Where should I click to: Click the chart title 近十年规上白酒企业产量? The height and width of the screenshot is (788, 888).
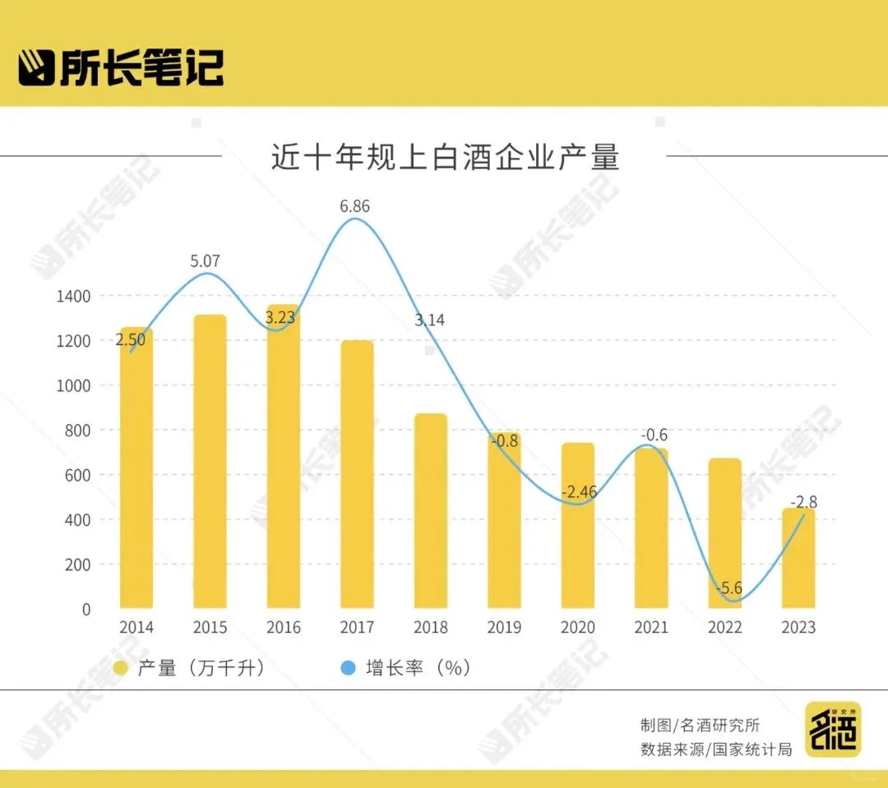coord(445,156)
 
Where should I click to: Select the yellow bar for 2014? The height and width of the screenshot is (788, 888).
coord(136,468)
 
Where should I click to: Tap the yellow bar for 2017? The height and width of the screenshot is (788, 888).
coord(357,475)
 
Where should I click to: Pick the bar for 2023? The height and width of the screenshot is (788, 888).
coord(798,559)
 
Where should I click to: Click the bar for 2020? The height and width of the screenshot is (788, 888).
coord(577,526)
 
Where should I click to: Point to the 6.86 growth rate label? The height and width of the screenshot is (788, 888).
coord(355,206)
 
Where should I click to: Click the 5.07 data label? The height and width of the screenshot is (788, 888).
coord(206,261)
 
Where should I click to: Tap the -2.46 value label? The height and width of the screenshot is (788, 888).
coord(579,493)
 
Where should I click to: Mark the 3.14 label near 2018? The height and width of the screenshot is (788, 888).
coord(430,320)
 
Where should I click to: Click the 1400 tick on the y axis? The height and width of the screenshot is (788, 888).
coord(74,297)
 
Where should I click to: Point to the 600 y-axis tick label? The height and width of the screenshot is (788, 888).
coord(79,476)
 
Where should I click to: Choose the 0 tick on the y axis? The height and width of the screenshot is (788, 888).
coord(86,610)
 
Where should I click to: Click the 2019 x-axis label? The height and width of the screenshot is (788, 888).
coord(504,628)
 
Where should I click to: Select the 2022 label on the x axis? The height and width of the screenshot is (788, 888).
coord(724,628)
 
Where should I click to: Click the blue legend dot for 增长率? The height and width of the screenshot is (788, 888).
coord(349,668)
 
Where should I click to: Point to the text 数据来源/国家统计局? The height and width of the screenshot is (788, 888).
coord(716,749)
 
